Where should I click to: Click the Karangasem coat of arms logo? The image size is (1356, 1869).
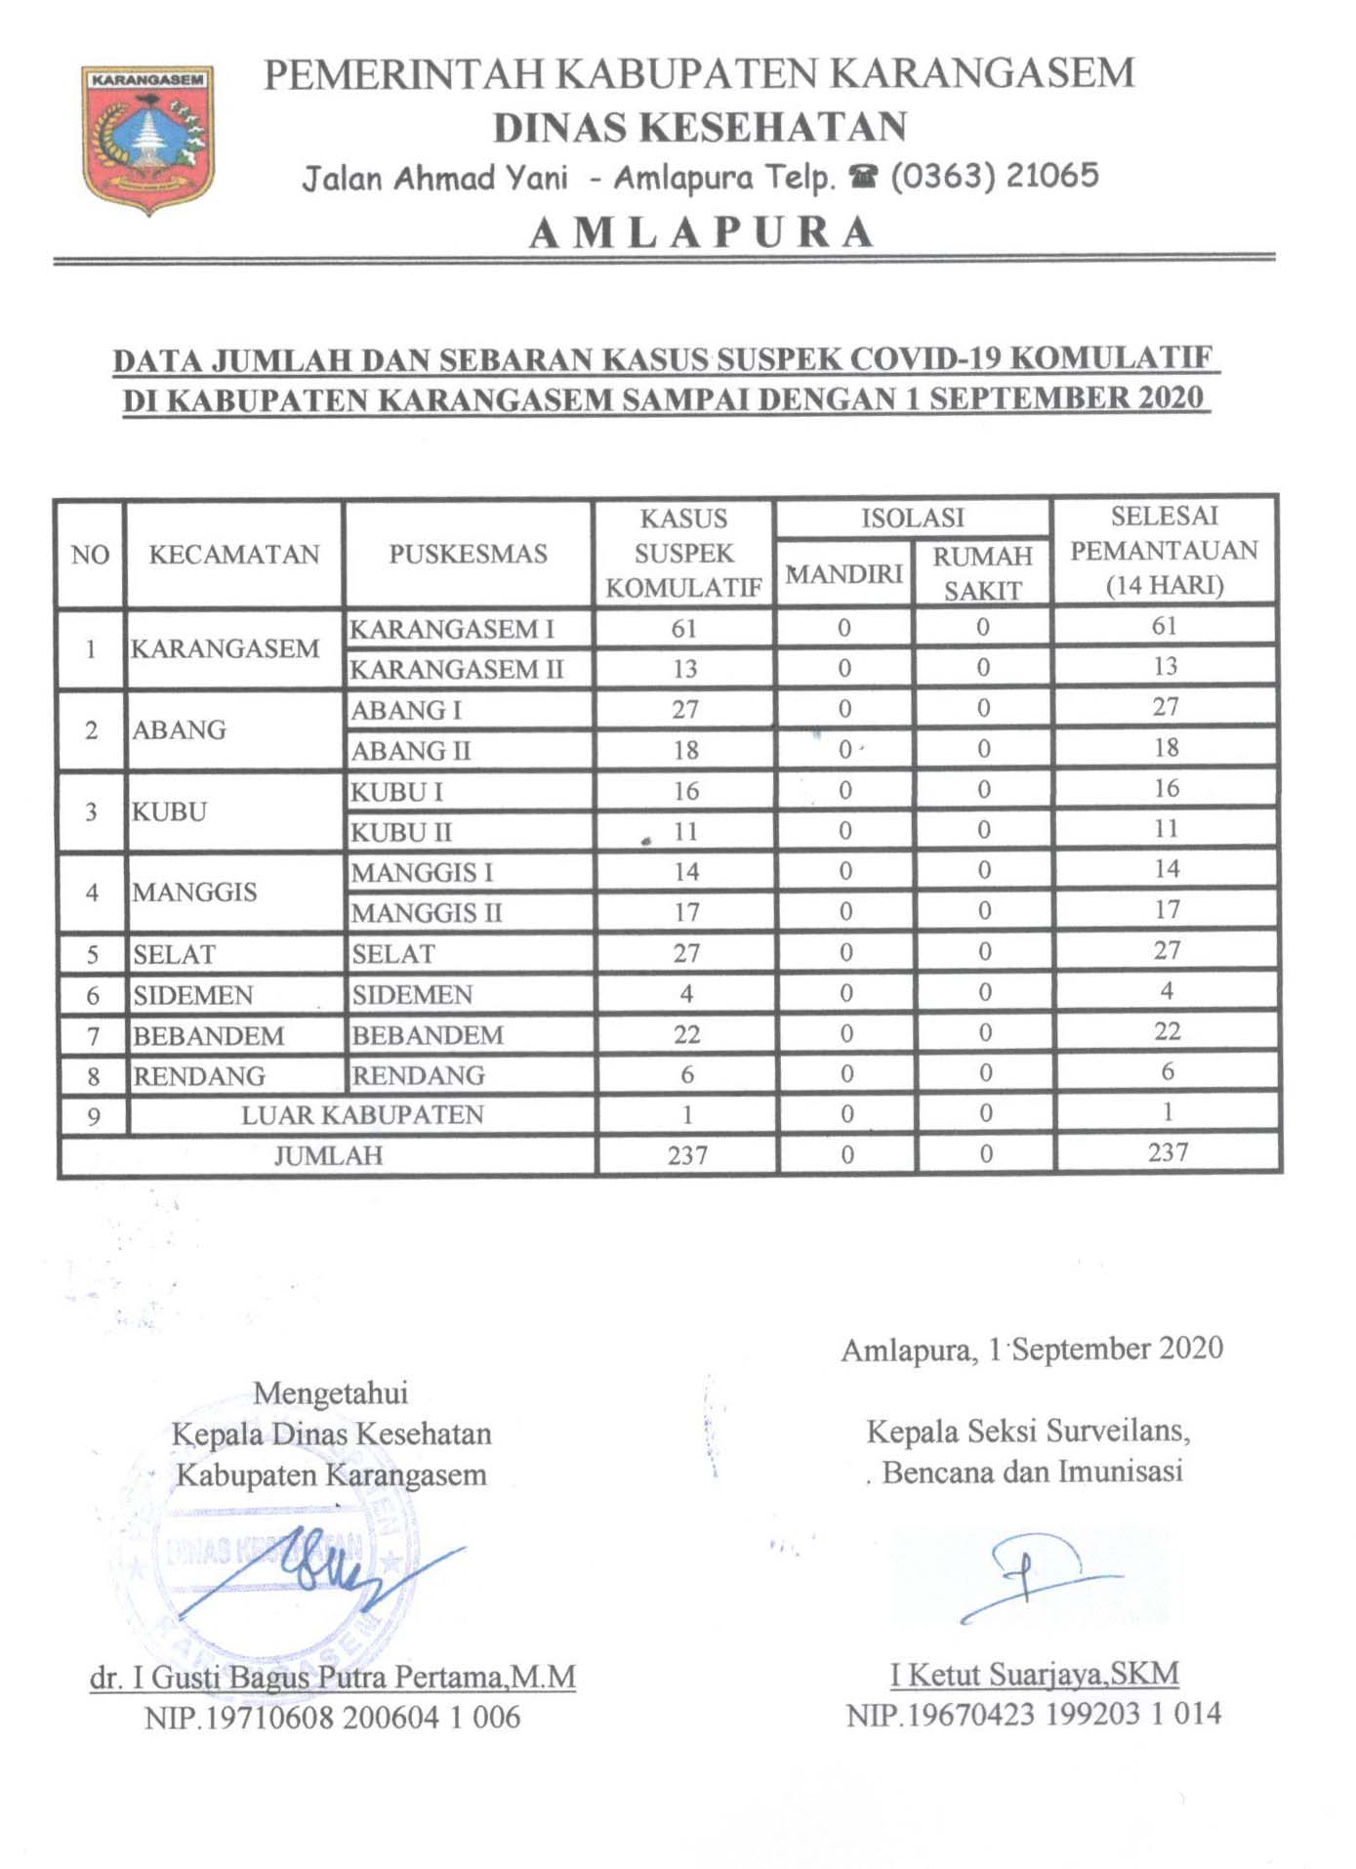click(x=147, y=139)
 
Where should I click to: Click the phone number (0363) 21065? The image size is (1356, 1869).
click(x=995, y=176)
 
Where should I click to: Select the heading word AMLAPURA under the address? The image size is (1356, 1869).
click(x=702, y=232)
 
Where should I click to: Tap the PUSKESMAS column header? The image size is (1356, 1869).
click(x=468, y=554)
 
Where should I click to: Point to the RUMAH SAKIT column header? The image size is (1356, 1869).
click(x=982, y=573)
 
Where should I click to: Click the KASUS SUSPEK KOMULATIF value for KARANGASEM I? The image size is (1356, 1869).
click(x=683, y=629)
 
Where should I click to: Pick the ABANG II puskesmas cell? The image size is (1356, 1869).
click(x=411, y=751)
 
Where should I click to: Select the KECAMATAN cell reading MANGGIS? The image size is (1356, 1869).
click(x=195, y=892)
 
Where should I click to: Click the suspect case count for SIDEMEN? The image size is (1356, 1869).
click(x=686, y=993)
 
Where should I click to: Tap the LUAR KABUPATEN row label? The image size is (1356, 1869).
click(x=362, y=1115)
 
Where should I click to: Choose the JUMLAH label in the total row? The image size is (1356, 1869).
click(x=328, y=1156)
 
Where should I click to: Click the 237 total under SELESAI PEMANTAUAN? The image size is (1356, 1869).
click(x=1168, y=1152)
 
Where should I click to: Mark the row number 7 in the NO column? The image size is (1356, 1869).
click(x=93, y=1036)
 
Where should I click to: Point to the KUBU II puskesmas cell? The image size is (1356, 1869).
click(x=401, y=832)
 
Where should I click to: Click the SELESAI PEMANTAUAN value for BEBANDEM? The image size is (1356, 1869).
click(x=1168, y=1031)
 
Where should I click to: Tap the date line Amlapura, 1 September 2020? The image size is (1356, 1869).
click(x=1032, y=1350)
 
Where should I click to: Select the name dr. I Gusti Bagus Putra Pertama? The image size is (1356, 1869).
click(x=332, y=1678)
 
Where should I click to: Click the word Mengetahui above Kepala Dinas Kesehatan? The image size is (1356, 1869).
click(x=330, y=1392)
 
